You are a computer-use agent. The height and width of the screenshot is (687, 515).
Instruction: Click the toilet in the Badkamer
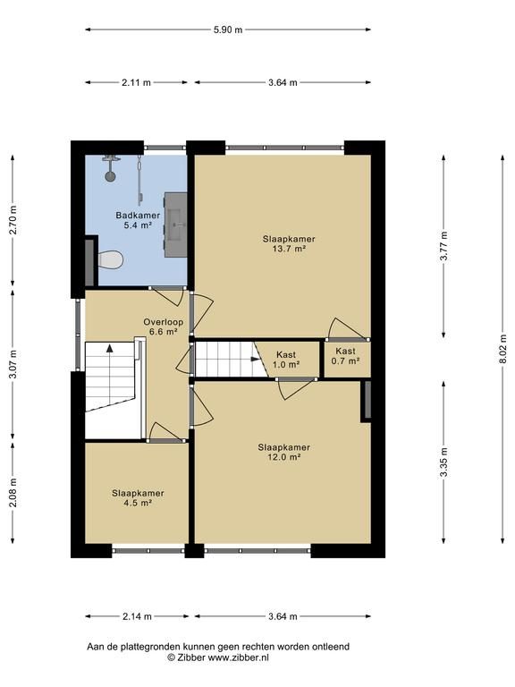tap(110, 260)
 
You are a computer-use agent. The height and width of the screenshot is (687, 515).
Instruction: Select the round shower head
tap(110, 176)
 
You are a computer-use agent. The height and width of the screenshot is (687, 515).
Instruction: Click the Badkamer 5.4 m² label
tap(138, 220)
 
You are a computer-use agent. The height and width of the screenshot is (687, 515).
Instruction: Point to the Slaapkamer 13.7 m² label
tap(289, 243)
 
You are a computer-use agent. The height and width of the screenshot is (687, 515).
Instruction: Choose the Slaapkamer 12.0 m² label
tap(283, 452)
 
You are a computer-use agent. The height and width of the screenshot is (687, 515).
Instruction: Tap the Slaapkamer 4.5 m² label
tap(138, 497)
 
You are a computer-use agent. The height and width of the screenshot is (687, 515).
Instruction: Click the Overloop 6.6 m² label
tap(164, 327)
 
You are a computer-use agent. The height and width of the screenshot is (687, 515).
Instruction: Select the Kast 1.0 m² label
tap(286, 360)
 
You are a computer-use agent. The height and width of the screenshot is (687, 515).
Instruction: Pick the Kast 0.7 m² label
tap(345, 356)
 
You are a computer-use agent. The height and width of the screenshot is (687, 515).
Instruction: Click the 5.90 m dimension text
tap(228, 30)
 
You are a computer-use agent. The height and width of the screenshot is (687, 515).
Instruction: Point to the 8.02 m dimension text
tap(503, 349)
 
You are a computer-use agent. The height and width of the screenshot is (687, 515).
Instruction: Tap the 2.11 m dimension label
tap(136, 82)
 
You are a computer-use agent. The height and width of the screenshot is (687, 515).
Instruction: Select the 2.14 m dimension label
tap(137, 616)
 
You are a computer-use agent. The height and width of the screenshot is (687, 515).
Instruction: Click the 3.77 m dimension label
tap(444, 246)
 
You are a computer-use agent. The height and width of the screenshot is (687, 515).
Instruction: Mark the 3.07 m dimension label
tap(13, 365)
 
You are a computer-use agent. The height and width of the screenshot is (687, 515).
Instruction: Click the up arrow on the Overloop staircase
tap(109, 349)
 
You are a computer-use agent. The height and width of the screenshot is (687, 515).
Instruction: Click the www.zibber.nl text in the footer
tap(238, 657)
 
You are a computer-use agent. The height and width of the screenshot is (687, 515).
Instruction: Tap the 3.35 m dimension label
tap(444, 462)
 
